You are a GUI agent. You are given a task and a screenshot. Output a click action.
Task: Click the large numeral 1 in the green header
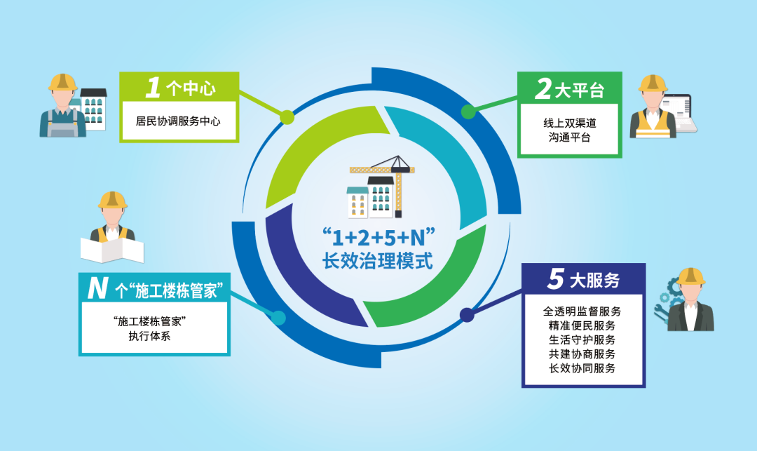pos(152,88)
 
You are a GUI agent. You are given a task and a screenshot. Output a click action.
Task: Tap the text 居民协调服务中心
pos(178,121)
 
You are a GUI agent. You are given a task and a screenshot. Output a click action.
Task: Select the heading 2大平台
pos(568,89)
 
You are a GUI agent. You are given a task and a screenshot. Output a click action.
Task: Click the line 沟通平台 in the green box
pos(568,137)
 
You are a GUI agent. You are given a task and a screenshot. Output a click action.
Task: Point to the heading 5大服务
pos(583,280)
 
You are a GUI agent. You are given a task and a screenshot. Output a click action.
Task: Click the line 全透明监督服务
pos(582,311)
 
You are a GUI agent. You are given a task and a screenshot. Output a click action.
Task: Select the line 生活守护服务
pos(582,339)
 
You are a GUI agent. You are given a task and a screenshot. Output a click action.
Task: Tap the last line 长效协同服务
pos(582,368)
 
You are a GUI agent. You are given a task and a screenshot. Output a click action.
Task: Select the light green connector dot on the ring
pos(286,116)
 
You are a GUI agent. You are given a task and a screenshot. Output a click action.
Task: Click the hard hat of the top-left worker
pos(62,82)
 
